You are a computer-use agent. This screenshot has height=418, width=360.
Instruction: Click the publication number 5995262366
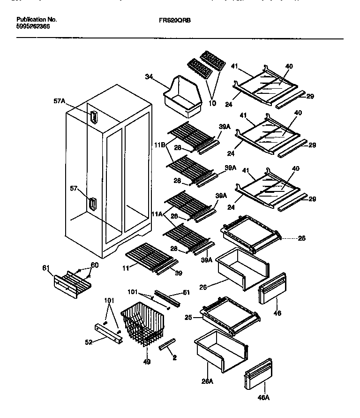[x=33, y=27]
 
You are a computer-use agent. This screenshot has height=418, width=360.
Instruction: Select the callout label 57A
[x=59, y=101]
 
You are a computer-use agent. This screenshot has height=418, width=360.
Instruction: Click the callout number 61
[x=45, y=268]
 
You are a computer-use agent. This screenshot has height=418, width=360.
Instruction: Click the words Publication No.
[x=37, y=20]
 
